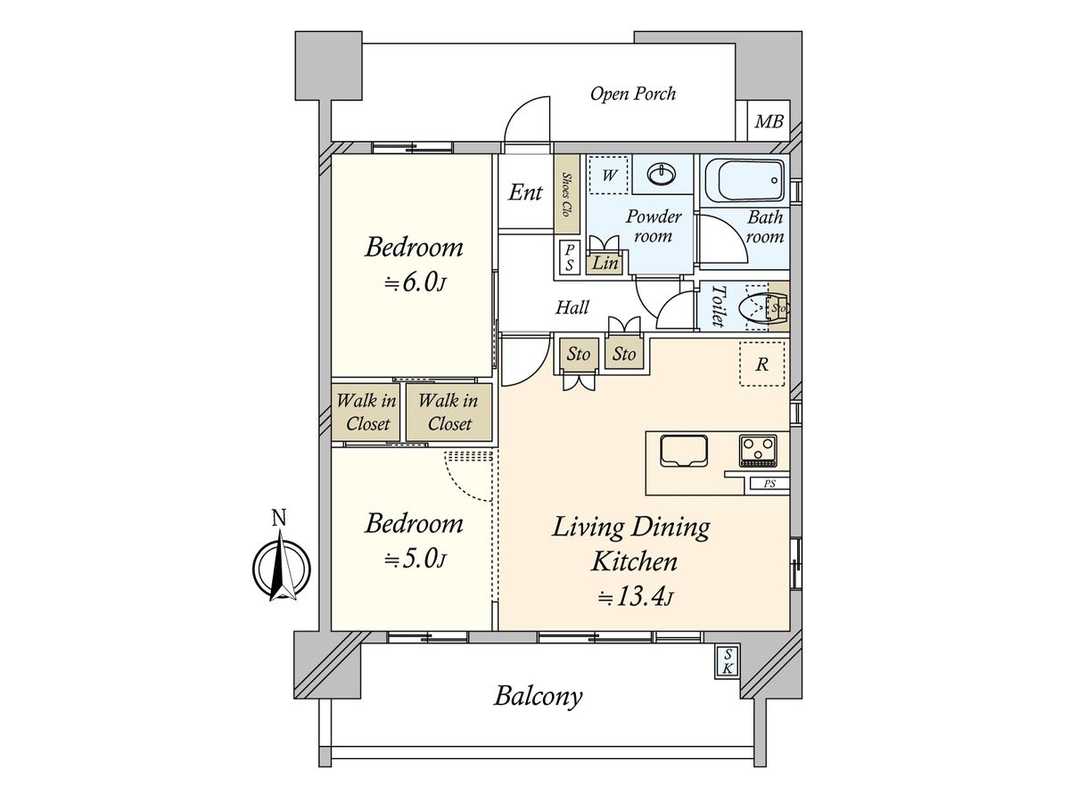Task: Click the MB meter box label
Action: [x=769, y=121]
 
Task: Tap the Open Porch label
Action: [x=633, y=94]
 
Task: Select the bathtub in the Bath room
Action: [x=743, y=180]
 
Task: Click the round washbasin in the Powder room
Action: [x=662, y=175]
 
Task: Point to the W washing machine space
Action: [x=608, y=175]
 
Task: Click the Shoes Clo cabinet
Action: [x=566, y=193]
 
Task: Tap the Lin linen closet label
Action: [x=605, y=264]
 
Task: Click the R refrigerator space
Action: [x=761, y=364]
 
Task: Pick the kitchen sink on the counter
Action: [x=683, y=450]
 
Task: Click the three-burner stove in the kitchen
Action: [x=758, y=450]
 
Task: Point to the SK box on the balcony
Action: [x=727, y=661]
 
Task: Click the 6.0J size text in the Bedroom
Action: [x=415, y=282]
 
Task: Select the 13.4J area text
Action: [x=636, y=597]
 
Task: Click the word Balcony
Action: [x=539, y=696]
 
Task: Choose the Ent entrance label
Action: [x=525, y=192]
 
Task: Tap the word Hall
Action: [x=572, y=307]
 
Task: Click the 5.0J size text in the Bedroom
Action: [x=415, y=560]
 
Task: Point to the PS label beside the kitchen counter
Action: [x=770, y=484]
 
